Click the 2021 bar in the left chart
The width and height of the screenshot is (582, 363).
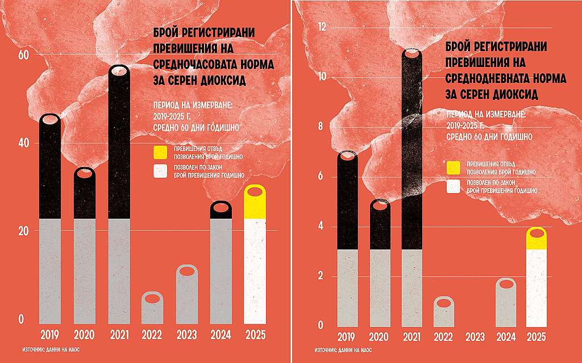click(118, 193)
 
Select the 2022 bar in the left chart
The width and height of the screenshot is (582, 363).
click(152, 310)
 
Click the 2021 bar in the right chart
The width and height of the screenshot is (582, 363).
click(411, 187)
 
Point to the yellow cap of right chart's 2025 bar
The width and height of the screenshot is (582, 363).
click(538, 239)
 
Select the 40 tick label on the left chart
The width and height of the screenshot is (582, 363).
click(24, 143)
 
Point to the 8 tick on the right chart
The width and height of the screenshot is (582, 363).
click(321, 127)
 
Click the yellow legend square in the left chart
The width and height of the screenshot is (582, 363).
click(160, 153)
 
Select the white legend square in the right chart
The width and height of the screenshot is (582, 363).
click(453, 186)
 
